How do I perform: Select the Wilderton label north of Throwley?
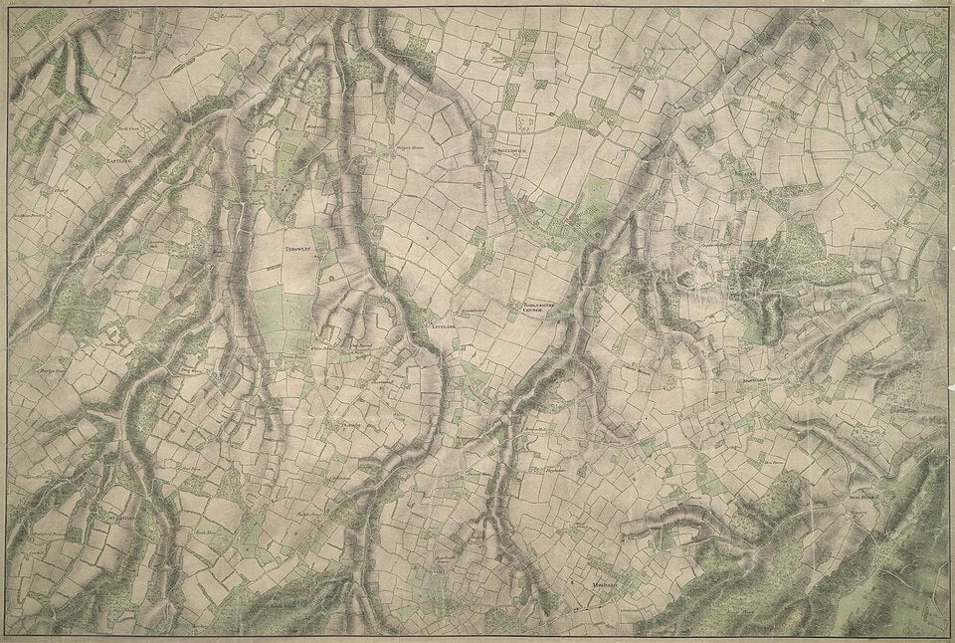click(316, 127)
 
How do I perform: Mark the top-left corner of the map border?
click(9, 9)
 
